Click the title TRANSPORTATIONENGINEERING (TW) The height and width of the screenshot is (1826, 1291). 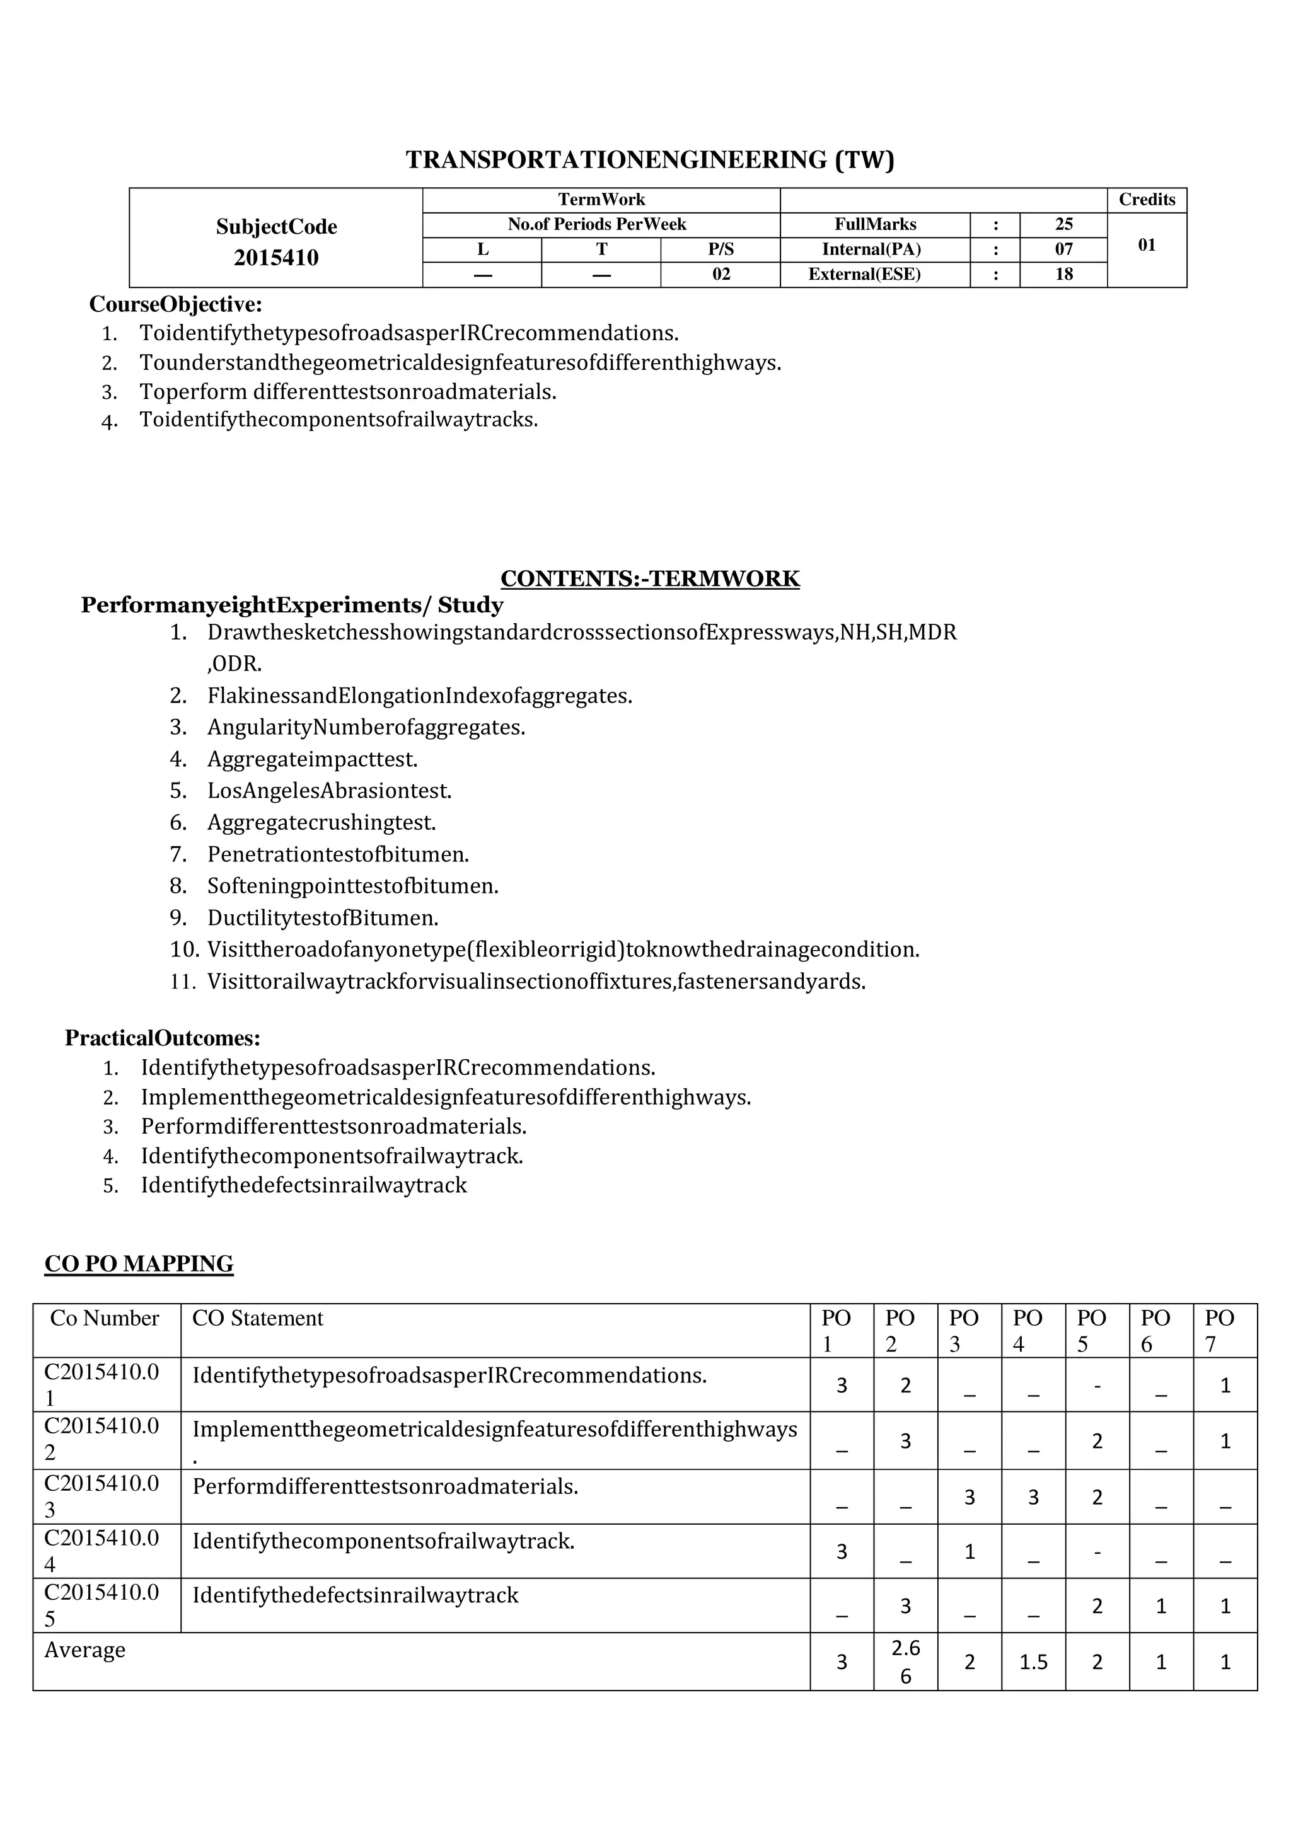click(650, 160)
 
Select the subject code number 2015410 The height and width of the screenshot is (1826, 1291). click(276, 258)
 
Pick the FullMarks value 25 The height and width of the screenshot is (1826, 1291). click(1063, 224)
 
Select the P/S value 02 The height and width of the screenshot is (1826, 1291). click(721, 274)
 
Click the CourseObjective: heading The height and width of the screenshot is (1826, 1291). click(176, 304)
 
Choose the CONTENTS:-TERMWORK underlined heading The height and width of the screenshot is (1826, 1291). click(650, 578)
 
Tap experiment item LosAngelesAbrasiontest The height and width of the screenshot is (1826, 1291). click(329, 791)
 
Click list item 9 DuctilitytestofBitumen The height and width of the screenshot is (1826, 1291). click(323, 918)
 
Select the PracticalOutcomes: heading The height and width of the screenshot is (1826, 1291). click(163, 1038)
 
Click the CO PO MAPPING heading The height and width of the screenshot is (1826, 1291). click(139, 1264)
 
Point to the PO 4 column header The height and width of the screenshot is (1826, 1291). click(1027, 1331)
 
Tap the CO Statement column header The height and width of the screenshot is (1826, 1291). click(258, 1319)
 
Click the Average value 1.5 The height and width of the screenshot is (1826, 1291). click(1033, 1662)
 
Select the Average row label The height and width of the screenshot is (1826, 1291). click(85, 1650)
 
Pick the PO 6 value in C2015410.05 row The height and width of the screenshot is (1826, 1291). click(1161, 1607)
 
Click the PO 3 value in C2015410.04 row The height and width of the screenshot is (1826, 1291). click(969, 1552)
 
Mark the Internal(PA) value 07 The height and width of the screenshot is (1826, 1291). click(1063, 250)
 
